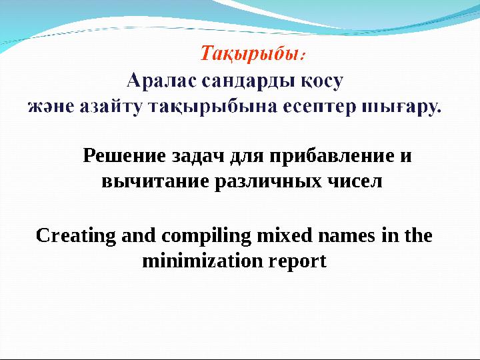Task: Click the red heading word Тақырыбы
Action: pos(252,53)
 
